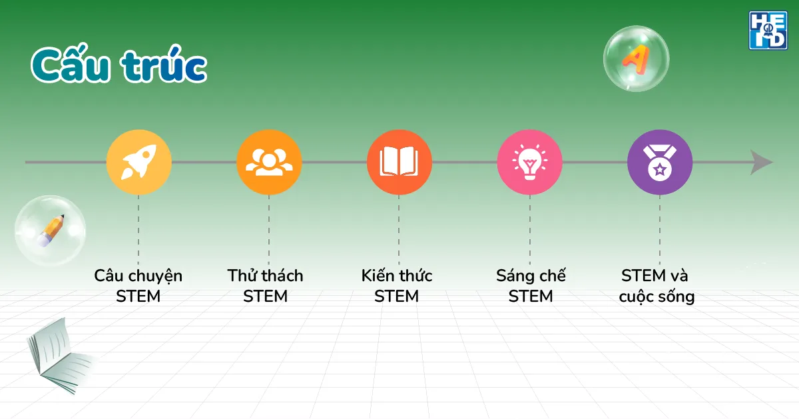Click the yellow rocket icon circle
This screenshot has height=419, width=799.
[139, 162]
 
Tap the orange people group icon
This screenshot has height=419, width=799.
[269, 162]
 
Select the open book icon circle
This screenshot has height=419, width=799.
[399, 162]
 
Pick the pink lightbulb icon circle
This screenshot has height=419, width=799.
[529, 162]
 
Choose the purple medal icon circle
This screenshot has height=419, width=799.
[660, 162]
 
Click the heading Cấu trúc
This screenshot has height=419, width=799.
[119, 65]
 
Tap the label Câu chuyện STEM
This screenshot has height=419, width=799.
[138, 286]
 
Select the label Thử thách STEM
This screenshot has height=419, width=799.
[265, 286]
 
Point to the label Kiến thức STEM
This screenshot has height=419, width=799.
[397, 286]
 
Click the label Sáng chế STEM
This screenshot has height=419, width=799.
[531, 286]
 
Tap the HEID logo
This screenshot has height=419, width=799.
[768, 30]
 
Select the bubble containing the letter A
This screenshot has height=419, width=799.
[636, 59]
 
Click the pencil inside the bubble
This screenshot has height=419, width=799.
[51, 230]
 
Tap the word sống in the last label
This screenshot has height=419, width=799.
[676, 296]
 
